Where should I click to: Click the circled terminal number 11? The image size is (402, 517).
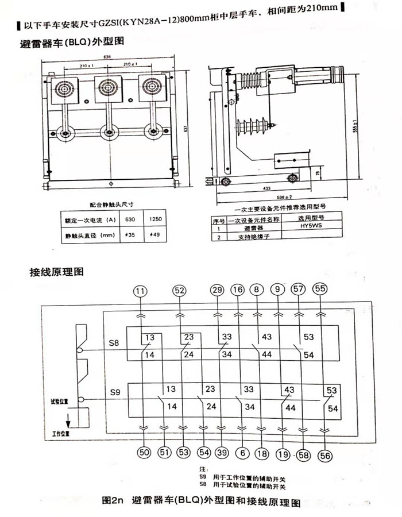tap(140, 291)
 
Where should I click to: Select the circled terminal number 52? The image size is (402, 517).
tap(180, 291)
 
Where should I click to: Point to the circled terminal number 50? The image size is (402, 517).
tap(144, 453)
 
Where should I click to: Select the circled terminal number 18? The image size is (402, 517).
tap(262, 453)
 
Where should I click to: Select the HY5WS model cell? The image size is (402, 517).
tap(311, 227)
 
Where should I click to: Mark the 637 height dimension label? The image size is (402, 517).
tap(185, 128)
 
